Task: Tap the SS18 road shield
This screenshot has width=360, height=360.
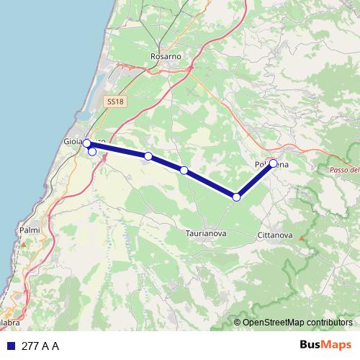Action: pos(114,102)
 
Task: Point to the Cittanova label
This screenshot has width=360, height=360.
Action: pos(274,235)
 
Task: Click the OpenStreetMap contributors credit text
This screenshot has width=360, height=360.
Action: pos(297,322)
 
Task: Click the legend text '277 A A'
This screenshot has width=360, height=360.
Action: pos(40,346)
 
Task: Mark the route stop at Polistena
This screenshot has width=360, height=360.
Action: pos(274,163)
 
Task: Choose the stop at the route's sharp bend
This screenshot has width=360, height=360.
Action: pos(237,197)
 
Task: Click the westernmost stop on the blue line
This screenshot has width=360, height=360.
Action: pos(86,143)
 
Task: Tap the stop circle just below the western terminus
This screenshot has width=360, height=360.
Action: pos(92,151)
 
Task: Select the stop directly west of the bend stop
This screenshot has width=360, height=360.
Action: pos(184,170)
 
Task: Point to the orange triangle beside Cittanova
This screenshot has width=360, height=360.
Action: pos(302,238)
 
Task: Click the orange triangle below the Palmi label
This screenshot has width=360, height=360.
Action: pos(23,243)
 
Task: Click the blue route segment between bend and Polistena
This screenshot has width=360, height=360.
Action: pos(256,179)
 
